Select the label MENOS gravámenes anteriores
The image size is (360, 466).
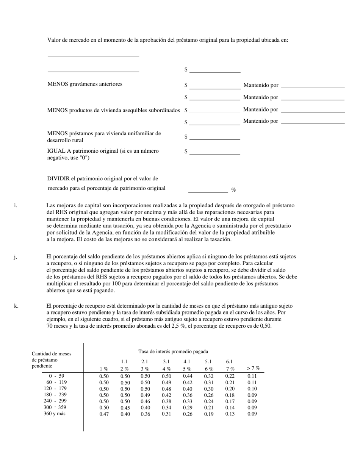[x=85, y=84]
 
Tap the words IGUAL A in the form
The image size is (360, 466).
[x=58, y=151]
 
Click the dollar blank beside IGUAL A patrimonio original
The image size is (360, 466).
[x=214, y=152]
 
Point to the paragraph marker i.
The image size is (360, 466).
[x=15, y=206]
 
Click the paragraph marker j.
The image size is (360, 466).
[x=15, y=257]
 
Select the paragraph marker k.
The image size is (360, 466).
[x=16, y=306]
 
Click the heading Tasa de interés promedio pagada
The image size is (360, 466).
[x=173, y=352]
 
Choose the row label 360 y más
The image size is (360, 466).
[x=54, y=414]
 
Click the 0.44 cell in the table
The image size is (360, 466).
[x=187, y=376]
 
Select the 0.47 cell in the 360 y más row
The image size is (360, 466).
[x=104, y=414]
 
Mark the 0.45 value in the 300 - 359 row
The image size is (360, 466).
[x=125, y=408]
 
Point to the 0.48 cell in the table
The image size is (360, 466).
[x=166, y=389]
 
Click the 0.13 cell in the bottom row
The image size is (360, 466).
[x=230, y=414]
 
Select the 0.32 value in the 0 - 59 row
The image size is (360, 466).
[x=208, y=376]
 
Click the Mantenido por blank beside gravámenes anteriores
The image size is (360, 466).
[x=313, y=85]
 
